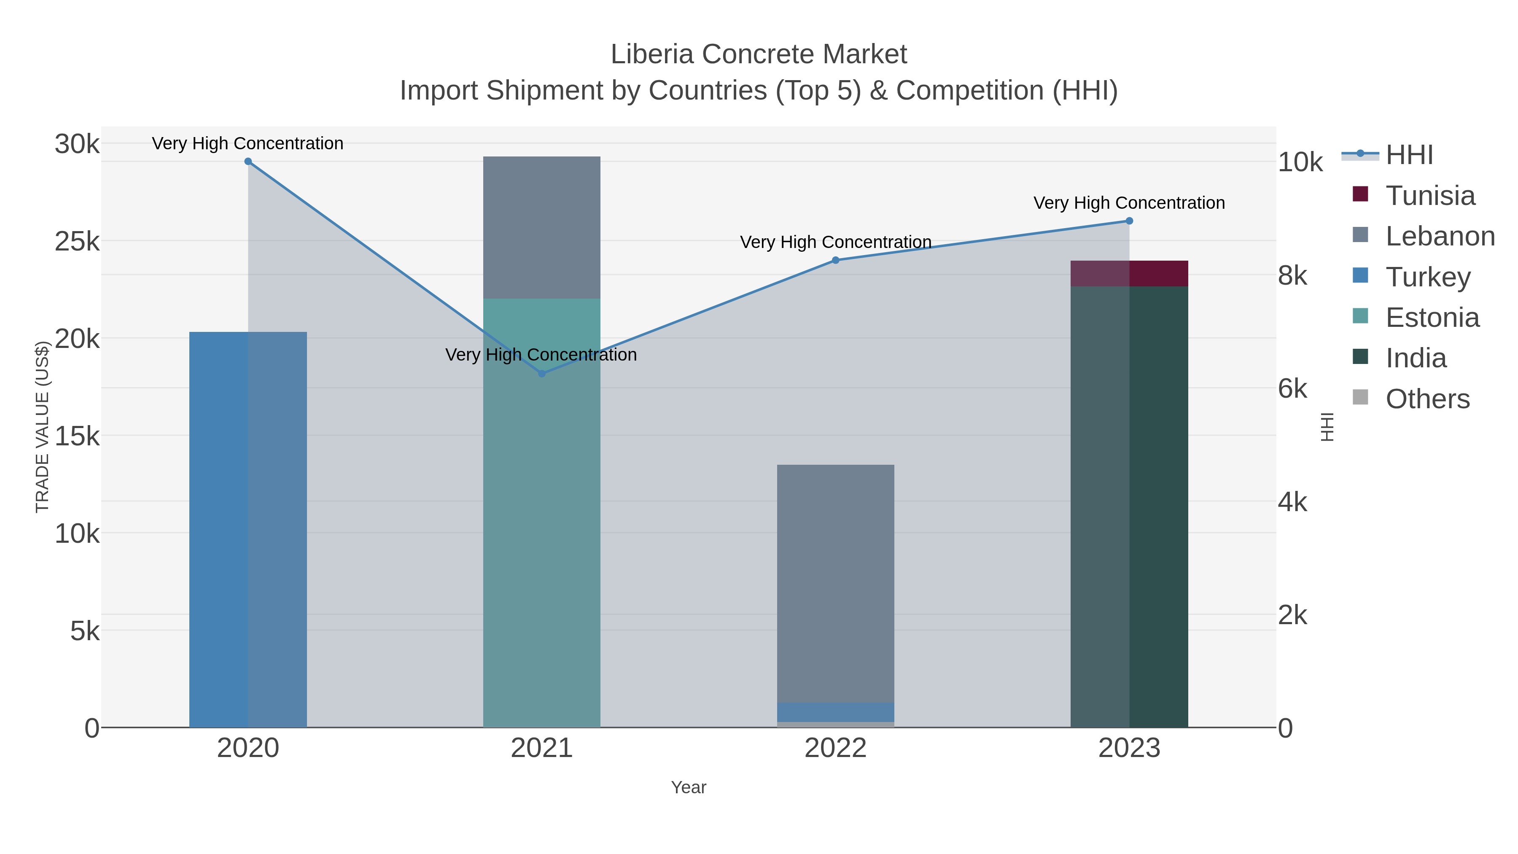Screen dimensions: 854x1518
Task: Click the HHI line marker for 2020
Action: point(248,162)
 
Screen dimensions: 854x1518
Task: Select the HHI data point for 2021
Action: point(541,373)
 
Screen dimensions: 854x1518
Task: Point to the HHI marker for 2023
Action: point(1129,221)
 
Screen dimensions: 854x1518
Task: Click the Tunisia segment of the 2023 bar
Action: point(1129,273)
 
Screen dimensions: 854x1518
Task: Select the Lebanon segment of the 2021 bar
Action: point(541,227)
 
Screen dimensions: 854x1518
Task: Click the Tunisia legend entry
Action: point(1429,196)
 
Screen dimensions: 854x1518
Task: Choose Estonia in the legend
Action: point(1432,318)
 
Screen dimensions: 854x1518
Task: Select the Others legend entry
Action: point(1427,399)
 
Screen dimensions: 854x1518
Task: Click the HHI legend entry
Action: point(1409,155)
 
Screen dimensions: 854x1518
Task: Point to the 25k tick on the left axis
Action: point(77,241)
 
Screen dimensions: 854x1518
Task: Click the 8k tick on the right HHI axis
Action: point(1292,275)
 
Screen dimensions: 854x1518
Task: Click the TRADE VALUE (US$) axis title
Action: point(43,427)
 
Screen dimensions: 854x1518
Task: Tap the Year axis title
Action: point(688,787)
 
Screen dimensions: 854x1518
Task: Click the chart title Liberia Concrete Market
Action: point(759,54)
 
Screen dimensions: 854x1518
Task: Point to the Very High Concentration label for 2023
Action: point(1129,203)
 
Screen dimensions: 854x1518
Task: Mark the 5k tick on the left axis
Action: point(85,631)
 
